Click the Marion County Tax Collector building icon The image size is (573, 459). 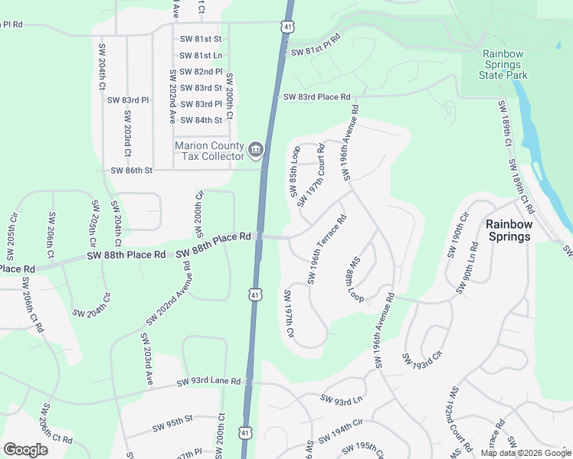(256, 148)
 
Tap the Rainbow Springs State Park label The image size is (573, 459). (503, 64)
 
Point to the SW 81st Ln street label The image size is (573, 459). (201, 55)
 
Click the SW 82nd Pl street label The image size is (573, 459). (201, 71)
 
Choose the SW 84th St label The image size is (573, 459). (201, 120)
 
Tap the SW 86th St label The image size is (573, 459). (131, 171)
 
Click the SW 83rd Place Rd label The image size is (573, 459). (316, 97)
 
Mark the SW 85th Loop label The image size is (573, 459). (295, 172)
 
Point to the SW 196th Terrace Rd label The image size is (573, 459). (327, 249)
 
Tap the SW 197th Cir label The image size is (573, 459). (290, 314)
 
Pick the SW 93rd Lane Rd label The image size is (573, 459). (208, 381)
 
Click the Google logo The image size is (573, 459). (25, 450)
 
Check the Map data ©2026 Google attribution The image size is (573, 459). (525, 453)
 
